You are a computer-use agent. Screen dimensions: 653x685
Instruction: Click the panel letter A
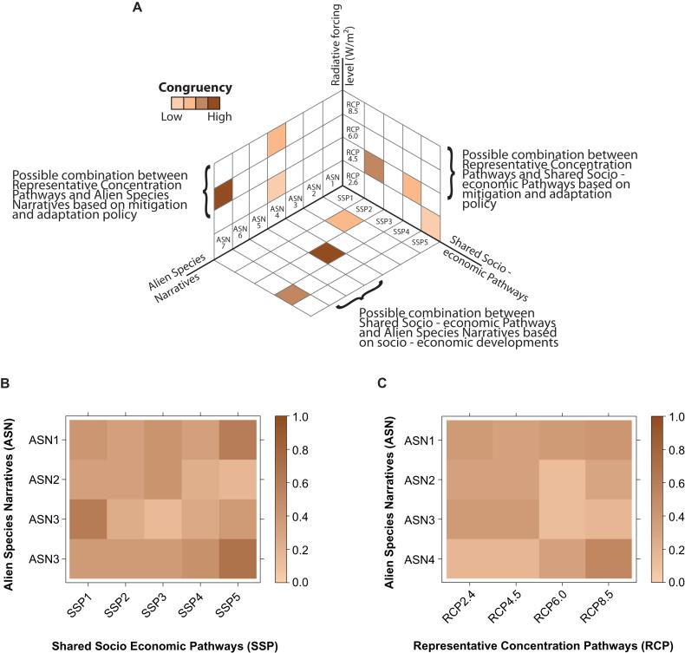(137, 9)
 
